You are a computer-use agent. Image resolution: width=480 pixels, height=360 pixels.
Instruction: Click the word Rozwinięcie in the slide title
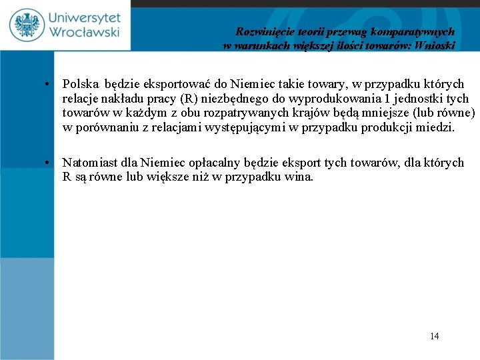(x=262, y=31)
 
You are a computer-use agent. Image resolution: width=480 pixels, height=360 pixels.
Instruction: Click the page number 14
(x=435, y=336)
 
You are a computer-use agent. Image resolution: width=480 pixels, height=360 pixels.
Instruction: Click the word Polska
(x=80, y=85)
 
